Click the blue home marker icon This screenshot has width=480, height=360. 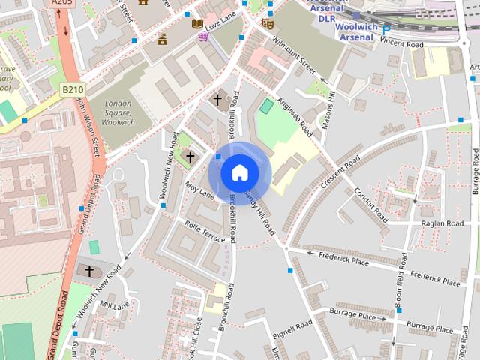239,173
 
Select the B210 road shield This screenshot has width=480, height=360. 72,89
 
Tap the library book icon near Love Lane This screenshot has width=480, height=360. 197,24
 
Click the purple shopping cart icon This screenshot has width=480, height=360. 203,36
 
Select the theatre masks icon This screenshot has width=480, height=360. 268,24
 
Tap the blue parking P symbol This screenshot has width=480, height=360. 386,29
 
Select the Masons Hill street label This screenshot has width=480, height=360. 327,109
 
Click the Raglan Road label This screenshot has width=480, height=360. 442,223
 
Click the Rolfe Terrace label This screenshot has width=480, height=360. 204,230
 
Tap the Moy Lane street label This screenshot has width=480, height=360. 200,191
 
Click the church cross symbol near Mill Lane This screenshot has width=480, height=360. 89,270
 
